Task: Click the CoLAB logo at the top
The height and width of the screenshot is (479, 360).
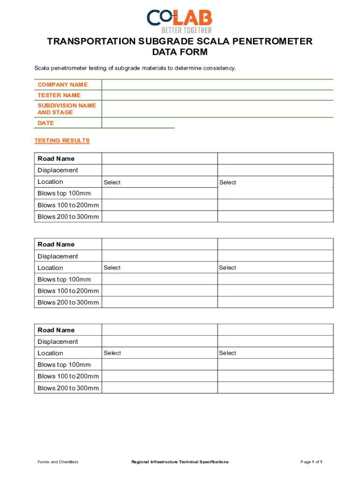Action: click(x=180, y=21)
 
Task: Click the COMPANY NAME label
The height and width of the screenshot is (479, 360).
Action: click(x=63, y=85)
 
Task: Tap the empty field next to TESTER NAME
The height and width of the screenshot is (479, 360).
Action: click(x=217, y=95)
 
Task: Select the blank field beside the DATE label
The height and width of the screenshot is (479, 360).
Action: click(x=138, y=123)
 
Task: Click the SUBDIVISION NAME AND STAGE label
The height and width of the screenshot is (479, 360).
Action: click(x=67, y=109)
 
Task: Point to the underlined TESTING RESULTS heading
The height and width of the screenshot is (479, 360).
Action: click(x=62, y=141)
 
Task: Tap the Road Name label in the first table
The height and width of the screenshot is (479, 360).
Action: click(x=56, y=159)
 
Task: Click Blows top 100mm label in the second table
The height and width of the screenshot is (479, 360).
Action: click(x=64, y=279)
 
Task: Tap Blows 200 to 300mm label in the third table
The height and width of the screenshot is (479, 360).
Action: click(x=68, y=388)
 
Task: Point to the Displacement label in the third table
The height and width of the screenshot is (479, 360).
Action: click(x=58, y=341)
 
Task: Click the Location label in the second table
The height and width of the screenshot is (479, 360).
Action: click(x=50, y=268)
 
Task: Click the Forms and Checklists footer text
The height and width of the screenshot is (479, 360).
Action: click(x=58, y=462)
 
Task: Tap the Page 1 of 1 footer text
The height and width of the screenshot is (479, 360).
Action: click(x=311, y=462)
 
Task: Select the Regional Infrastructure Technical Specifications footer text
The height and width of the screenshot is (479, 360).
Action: click(x=180, y=462)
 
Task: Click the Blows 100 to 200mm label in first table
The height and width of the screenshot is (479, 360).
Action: click(x=68, y=205)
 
